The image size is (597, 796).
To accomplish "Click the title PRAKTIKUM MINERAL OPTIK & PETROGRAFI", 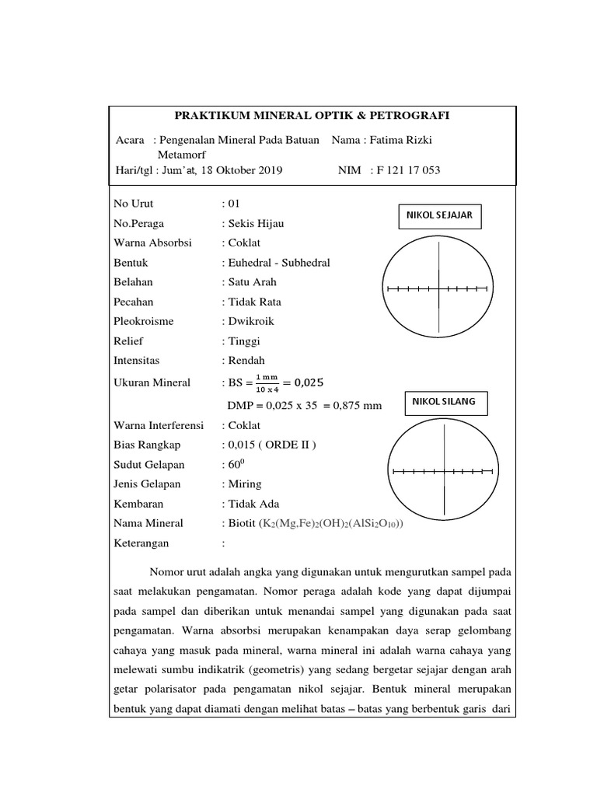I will point(312,116).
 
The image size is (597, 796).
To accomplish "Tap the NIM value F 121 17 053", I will point(408,170).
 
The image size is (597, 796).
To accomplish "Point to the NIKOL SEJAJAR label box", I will point(440,215).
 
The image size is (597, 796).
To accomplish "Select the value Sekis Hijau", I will point(256,223).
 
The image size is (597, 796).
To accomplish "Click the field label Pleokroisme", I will point(144,321).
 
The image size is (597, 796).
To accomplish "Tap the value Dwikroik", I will point(251,321).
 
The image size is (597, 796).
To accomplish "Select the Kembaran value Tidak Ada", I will point(253,504).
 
